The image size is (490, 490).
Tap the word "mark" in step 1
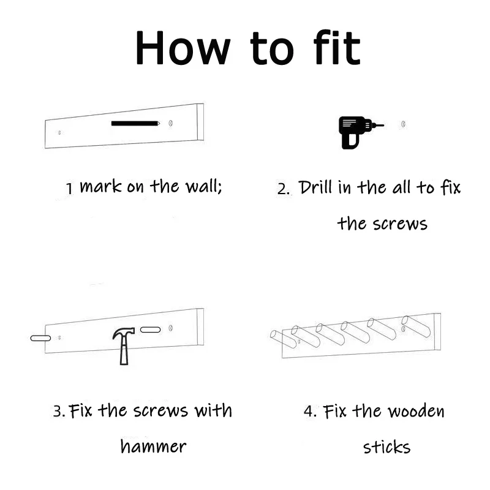tap(101, 186)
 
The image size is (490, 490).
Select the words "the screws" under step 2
tap(382, 223)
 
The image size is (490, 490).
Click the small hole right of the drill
tap(404, 124)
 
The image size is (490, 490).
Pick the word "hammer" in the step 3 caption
tap(153, 447)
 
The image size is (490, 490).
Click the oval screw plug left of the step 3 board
tap(40, 337)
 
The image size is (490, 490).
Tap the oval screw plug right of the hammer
tap(150, 330)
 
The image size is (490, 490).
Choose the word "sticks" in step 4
tap(386, 447)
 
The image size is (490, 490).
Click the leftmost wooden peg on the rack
tap(282, 337)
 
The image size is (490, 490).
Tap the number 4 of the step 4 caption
tap(309, 411)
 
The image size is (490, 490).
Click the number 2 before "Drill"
tap(282, 189)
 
